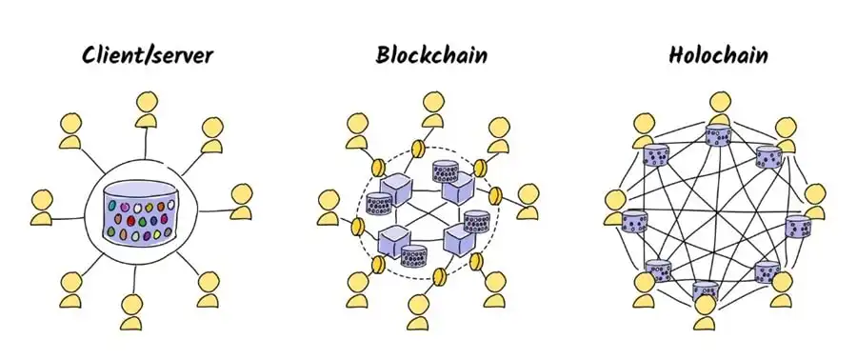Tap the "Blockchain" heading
click(x=431, y=54)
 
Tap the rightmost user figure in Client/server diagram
click(x=242, y=200)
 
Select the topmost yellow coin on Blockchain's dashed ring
click(x=415, y=150)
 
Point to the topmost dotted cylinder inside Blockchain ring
click(x=446, y=171)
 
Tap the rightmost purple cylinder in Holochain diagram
click(x=797, y=227)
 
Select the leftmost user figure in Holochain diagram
click(x=615, y=207)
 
